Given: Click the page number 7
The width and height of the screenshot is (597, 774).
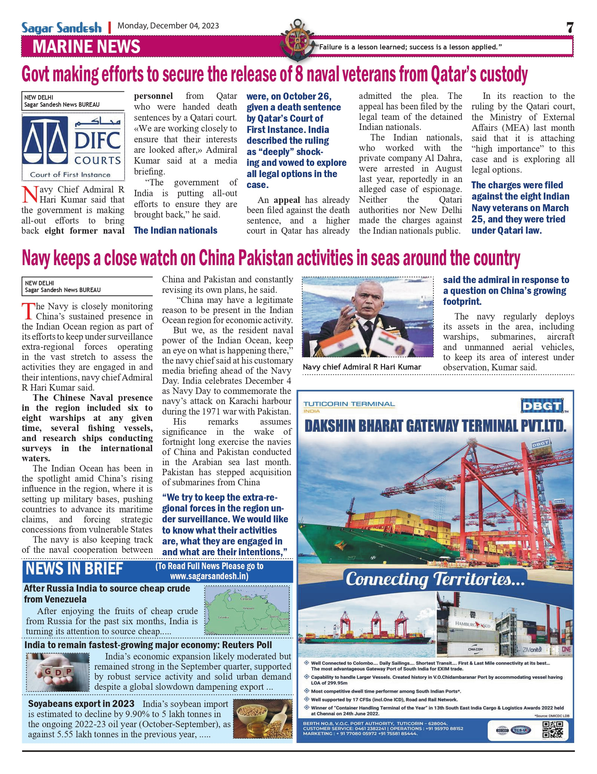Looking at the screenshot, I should click(570, 27).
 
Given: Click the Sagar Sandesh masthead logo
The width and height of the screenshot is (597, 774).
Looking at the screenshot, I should click(61, 28).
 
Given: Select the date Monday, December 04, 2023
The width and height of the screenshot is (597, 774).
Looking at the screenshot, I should click(168, 26).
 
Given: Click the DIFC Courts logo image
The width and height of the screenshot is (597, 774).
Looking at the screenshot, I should click(73, 147).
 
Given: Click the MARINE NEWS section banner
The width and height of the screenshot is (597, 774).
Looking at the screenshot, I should click(86, 46).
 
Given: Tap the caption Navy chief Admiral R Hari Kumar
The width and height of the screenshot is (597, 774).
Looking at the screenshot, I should click(362, 367).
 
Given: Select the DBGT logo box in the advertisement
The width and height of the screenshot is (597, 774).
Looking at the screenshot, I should click(542, 406).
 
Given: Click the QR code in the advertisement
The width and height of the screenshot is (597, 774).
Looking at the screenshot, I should click(553, 730).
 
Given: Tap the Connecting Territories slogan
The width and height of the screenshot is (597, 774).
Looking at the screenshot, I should click(435, 579).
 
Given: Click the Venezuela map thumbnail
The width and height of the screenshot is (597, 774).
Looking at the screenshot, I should click(247, 610).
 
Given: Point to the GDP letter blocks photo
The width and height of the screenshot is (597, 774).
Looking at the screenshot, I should click(58, 672).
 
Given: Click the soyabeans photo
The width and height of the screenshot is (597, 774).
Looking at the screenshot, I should click(262, 718).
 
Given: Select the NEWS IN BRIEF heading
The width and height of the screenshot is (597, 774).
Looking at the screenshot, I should click(74, 569).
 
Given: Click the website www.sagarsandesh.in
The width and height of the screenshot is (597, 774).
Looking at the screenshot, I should click(209, 576).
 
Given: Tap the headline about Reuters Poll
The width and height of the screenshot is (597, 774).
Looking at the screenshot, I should click(148, 645).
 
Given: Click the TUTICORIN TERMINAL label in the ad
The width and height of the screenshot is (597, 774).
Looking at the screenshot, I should click(349, 404).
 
